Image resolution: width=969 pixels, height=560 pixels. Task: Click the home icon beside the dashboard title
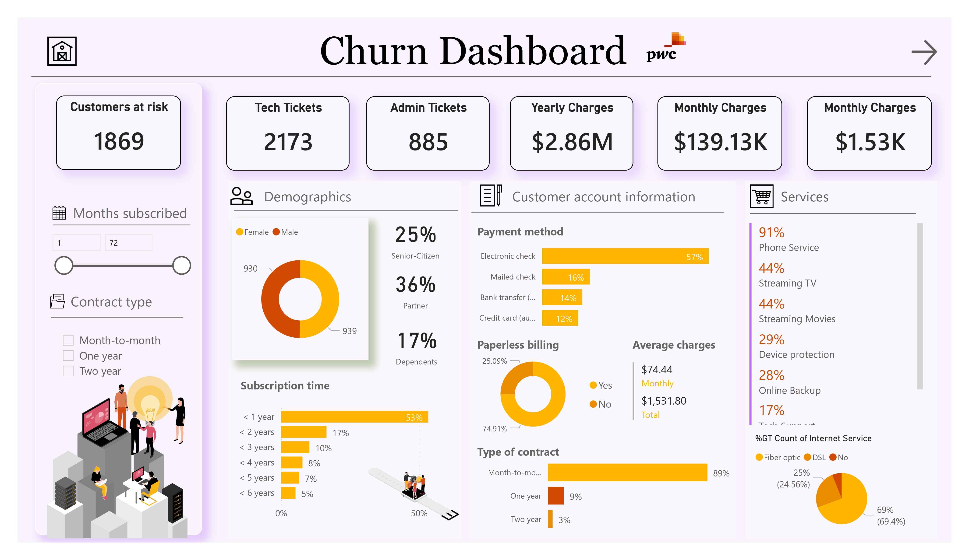[x=62, y=51]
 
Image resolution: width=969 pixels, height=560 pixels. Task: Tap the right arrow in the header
[x=924, y=52]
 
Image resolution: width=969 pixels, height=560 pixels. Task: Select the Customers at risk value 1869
[x=119, y=141]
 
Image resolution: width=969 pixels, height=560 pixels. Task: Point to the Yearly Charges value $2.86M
[x=572, y=142]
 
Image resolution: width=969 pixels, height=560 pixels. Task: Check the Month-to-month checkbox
[x=68, y=340]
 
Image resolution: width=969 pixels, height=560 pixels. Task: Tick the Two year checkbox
[x=68, y=371]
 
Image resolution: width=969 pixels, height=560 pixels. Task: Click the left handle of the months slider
[x=64, y=265]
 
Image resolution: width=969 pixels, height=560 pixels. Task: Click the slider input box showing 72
[x=128, y=242]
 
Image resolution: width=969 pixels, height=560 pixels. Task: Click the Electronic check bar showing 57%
[x=625, y=256]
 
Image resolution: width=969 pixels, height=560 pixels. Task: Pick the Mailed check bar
[x=566, y=277]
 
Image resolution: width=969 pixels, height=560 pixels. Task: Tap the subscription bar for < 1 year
[x=354, y=417]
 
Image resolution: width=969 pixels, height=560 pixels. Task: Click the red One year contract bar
[x=556, y=496]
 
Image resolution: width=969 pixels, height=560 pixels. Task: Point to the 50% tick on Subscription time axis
[x=419, y=513]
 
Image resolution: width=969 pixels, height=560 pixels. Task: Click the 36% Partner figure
[x=415, y=285]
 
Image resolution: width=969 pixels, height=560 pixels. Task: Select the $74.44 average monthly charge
[x=657, y=369]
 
